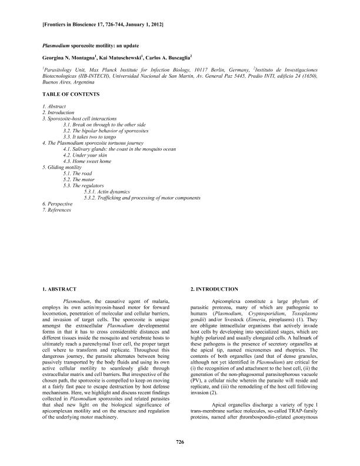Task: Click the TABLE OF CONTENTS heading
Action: pos(71,94)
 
